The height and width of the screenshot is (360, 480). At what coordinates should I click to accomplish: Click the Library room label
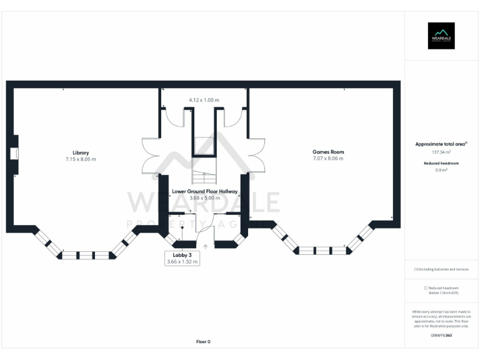click(x=80, y=152)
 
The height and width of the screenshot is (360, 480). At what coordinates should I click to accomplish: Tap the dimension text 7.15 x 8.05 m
click(x=80, y=159)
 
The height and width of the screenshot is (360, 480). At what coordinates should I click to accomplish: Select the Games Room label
click(x=328, y=152)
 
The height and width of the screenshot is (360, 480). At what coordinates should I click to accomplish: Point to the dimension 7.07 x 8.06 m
click(x=328, y=159)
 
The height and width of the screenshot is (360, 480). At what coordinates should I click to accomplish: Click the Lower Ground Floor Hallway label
click(x=204, y=191)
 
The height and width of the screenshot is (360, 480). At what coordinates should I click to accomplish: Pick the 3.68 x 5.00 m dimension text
click(x=204, y=198)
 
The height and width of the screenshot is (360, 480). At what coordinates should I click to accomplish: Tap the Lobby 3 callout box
click(x=182, y=258)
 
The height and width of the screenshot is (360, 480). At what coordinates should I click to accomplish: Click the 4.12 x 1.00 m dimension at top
click(x=204, y=100)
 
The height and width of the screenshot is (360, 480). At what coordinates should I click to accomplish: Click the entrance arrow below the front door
click(x=206, y=247)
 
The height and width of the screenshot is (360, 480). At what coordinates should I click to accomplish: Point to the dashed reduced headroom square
click(x=204, y=145)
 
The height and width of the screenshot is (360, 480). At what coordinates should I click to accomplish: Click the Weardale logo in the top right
click(x=441, y=36)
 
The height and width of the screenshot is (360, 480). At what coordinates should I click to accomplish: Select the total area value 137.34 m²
click(x=441, y=152)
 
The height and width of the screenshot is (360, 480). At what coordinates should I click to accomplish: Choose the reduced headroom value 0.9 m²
click(x=441, y=169)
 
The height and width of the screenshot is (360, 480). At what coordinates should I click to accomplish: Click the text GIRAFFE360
click(x=441, y=336)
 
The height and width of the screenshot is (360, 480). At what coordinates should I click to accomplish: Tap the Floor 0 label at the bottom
click(x=204, y=342)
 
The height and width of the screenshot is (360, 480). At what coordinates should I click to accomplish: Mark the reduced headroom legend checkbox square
click(x=426, y=287)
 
